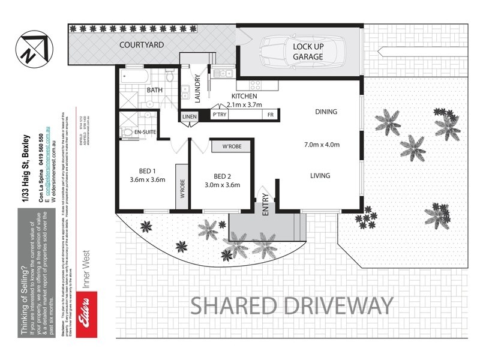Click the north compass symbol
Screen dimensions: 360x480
pos(31,49)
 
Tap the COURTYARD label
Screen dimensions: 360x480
pos(142,45)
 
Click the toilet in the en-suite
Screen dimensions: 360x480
pos(127,132)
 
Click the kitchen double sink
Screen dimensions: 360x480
pos(222,73)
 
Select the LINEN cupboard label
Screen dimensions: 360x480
pos(189,115)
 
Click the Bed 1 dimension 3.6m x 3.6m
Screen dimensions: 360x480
pos(147,179)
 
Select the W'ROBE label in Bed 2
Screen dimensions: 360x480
pos(232,147)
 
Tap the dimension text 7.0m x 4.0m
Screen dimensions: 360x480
pos(322,145)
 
